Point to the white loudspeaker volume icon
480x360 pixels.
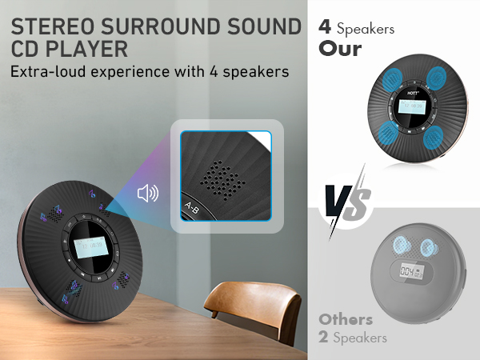pos(148,194)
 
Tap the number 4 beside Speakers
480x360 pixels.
pos(325,26)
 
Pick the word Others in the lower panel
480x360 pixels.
pos(346,318)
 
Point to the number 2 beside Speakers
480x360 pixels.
pos(324,338)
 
